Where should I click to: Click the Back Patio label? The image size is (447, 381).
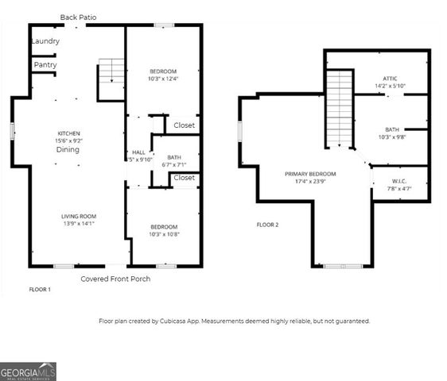pyautogui.click(x=80, y=17)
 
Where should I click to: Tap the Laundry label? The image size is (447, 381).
pyautogui.click(x=45, y=41)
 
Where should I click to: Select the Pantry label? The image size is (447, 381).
pyautogui.click(x=45, y=65)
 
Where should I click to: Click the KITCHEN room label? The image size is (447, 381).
pyautogui.click(x=69, y=133)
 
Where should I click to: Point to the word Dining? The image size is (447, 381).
pyautogui.click(x=68, y=149)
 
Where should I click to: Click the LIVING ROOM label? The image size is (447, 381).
pyautogui.click(x=79, y=216)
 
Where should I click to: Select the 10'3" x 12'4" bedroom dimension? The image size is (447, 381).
pyautogui.click(x=163, y=79)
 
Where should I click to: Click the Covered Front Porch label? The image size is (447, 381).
pyautogui.click(x=115, y=279)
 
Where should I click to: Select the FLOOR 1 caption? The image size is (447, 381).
pyautogui.click(x=40, y=290)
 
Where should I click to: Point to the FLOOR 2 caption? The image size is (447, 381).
pyautogui.click(x=268, y=225)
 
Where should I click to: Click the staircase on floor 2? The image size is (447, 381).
pyautogui.click(x=340, y=108)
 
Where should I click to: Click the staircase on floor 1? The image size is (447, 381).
pyautogui.click(x=111, y=76)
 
